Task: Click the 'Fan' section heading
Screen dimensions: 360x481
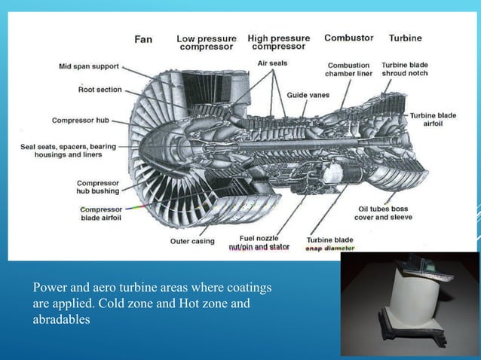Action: click(x=143, y=39)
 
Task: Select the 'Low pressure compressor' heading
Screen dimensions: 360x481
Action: click(x=207, y=43)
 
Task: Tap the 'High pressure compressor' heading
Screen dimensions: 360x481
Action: click(x=278, y=42)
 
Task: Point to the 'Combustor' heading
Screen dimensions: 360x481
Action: click(x=348, y=38)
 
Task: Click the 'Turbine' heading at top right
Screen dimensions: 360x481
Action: click(x=405, y=38)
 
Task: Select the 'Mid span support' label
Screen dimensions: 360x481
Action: click(x=90, y=66)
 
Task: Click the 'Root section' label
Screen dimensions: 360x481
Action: click(x=100, y=90)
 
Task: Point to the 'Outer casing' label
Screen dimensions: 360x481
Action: click(x=191, y=241)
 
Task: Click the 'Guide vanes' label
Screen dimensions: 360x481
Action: click(x=308, y=95)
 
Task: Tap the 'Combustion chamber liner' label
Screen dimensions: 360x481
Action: click(x=348, y=70)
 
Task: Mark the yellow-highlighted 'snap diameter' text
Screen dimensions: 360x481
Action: click(x=329, y=248)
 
